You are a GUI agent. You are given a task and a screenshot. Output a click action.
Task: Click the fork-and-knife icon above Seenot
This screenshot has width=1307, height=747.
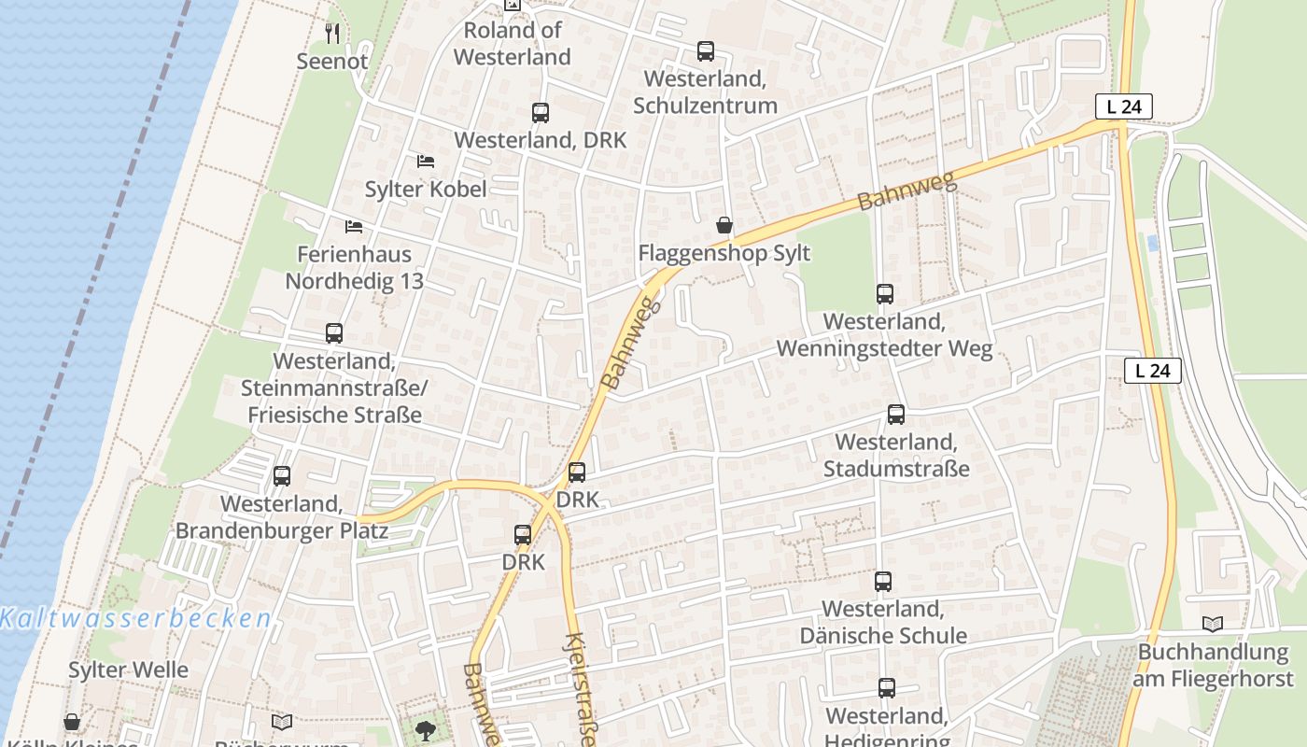[x=332, y=33]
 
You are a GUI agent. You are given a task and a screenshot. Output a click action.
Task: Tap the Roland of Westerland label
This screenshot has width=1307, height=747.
[x=513, y=44]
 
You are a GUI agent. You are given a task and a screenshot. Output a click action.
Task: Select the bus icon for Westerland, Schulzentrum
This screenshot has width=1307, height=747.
[x=705, y=51]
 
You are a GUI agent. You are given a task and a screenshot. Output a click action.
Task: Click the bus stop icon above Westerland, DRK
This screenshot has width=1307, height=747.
[x=540, y=113]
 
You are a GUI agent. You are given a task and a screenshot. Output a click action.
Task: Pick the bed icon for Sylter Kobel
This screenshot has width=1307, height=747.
[x=426, y=162]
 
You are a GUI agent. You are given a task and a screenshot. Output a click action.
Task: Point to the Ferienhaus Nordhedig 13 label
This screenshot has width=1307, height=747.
[x=354, y=267]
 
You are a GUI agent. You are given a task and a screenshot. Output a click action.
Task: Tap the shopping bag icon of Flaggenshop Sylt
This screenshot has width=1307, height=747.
[x=724, y=225]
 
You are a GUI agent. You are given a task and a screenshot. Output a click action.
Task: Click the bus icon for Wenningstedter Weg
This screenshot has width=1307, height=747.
[x=885, y=294]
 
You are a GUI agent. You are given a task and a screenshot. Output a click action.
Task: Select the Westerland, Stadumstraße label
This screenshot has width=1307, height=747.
[x=896, y=455]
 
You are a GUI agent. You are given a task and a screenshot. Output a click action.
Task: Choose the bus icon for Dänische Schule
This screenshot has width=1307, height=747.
[x=883, y=582]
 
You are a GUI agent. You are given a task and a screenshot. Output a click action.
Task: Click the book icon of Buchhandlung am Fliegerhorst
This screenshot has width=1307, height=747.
[x=1213, y=624]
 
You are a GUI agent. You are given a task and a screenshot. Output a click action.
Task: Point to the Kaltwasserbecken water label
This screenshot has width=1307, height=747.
[x=136, y=618]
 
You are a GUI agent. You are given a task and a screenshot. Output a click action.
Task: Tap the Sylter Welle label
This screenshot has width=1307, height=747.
[x=128, y=669]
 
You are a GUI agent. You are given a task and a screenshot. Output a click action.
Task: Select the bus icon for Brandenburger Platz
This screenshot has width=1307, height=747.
[x=282, y=476]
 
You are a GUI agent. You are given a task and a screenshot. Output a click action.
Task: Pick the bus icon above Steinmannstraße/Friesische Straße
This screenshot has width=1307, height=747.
[x=333, y=333]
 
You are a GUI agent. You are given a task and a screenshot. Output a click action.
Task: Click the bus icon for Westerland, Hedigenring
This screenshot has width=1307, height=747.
[x=887, y=688]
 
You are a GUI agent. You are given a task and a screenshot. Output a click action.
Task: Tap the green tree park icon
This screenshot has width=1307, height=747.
[x=426, y=729]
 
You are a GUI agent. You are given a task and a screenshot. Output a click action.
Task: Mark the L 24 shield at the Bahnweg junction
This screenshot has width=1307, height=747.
[x=1123, y=106]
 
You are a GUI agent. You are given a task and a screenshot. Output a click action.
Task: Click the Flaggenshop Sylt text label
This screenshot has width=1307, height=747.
[x=724, y=253]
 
